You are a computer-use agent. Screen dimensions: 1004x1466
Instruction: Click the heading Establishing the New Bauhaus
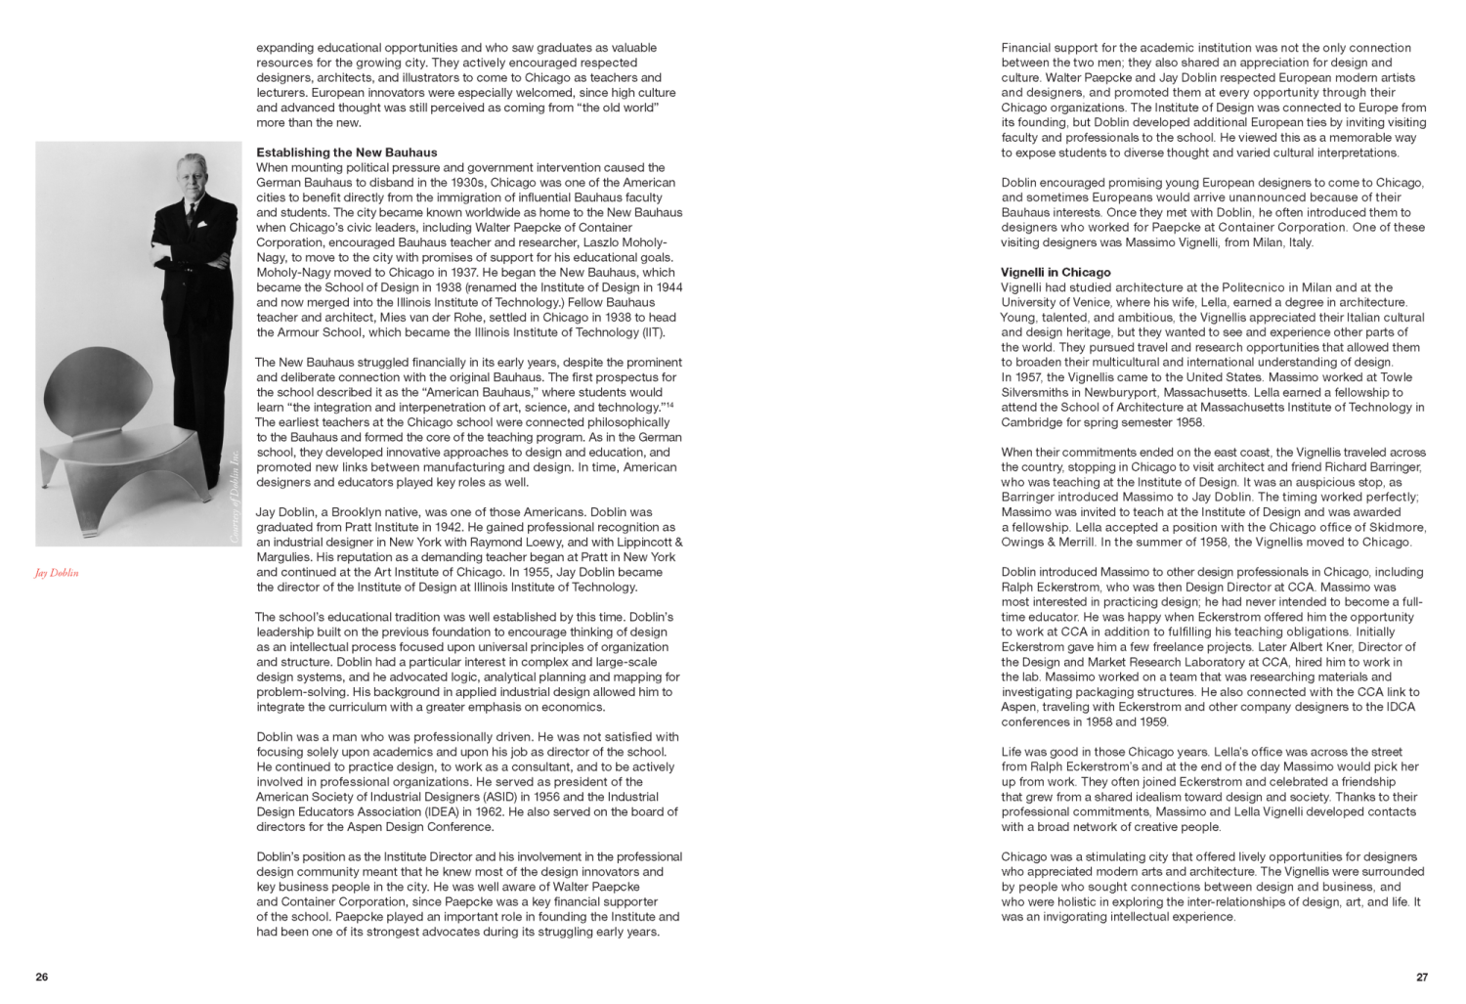(x=346, y=153)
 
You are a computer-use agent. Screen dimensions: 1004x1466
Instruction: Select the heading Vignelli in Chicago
(x=1056, y=273)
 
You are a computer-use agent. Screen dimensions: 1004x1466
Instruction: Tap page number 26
(x=41, y=977)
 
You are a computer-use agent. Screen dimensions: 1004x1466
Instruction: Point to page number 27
(x=1422, y=977)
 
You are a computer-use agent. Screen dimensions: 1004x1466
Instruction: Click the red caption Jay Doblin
(x=57, y=573)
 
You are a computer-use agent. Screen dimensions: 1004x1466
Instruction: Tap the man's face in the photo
(x=190, y=176)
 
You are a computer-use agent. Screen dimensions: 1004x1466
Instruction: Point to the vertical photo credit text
(x=234, y=494)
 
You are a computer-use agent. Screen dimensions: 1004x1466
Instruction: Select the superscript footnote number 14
(x=669, y=404)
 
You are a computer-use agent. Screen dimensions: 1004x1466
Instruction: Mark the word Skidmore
(x=1398, y=527)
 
